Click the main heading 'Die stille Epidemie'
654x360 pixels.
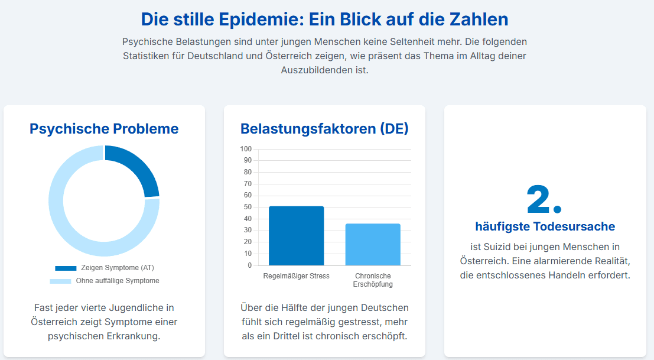click(324, 19)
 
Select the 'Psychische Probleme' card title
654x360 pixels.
click(104, 128)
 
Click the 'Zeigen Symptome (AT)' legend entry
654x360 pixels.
click(104, 268)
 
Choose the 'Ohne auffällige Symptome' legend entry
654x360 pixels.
click(104, 281)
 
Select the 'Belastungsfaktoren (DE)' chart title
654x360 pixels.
click(324, 128)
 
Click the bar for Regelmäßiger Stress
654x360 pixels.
click(296, 236)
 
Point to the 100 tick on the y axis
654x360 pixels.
click(246, 149)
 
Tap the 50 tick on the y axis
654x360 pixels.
click(248, 207)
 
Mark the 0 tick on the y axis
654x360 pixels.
click(249, 265)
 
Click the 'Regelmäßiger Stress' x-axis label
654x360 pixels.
click(296, 276)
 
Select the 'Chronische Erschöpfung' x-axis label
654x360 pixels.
click(373, 280)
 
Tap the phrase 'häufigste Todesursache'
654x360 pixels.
click(545, 226)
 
